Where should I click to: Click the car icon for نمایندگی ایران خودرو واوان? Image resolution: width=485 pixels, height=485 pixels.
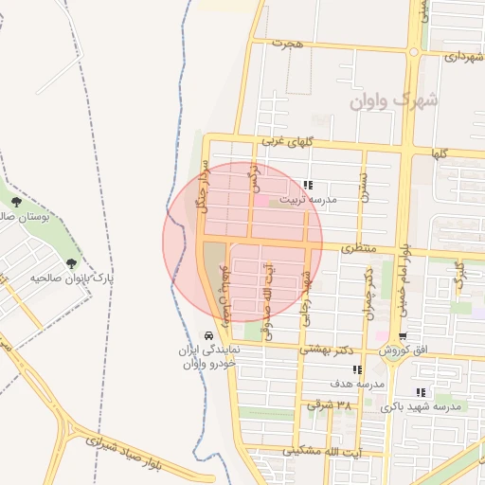click(x=207, y=336)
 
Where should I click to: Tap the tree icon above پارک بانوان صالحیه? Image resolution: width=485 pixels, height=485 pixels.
click(x=71, y=263)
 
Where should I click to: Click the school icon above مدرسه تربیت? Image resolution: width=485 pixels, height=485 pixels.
click(x=308, y=185)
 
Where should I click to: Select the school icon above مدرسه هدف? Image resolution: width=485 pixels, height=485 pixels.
click(x=356, y=370)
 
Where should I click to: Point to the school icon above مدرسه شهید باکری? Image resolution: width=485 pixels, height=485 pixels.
click(x=421, y=392)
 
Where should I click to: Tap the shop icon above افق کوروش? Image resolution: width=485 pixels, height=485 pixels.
click(x=404, y=337)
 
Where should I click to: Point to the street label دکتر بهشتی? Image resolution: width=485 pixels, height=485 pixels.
click(x=326, y=349)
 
